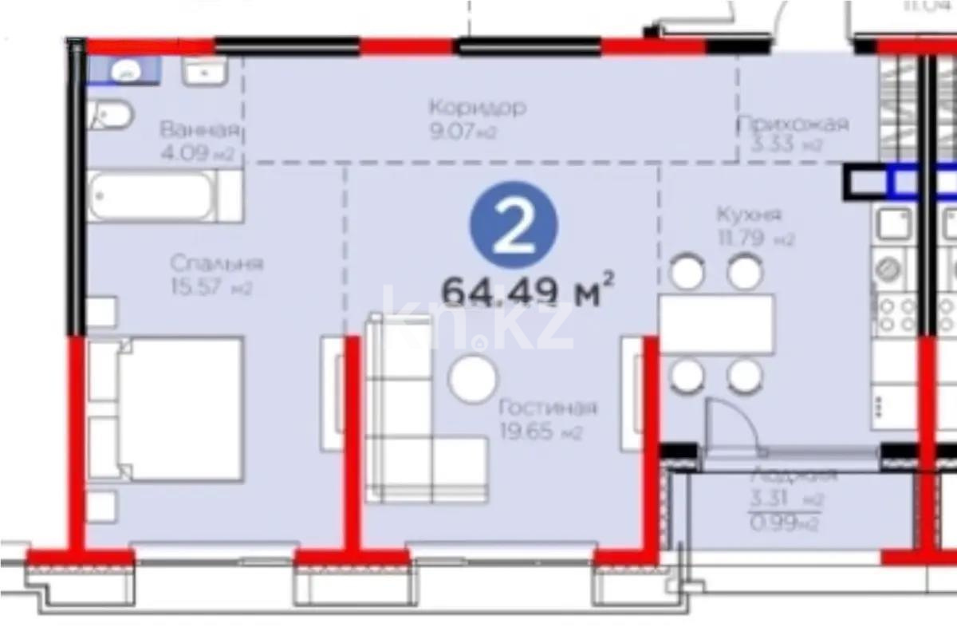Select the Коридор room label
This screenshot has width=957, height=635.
pyautogui.click(x=477, y=108)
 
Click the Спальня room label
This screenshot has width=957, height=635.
pyautogui.click(x=216, y=263)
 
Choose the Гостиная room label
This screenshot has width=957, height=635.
pyautogui.click(x=547, y=408)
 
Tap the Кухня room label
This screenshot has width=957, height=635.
pyautogui.click(x=748, y=215)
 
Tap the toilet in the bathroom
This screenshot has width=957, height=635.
pyautogui.click(x=111, y=116)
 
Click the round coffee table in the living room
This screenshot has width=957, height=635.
pyautogui.click(x=473, y=379)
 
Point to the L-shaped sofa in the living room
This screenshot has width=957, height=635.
pyautogui.click(x=415, y=431)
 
